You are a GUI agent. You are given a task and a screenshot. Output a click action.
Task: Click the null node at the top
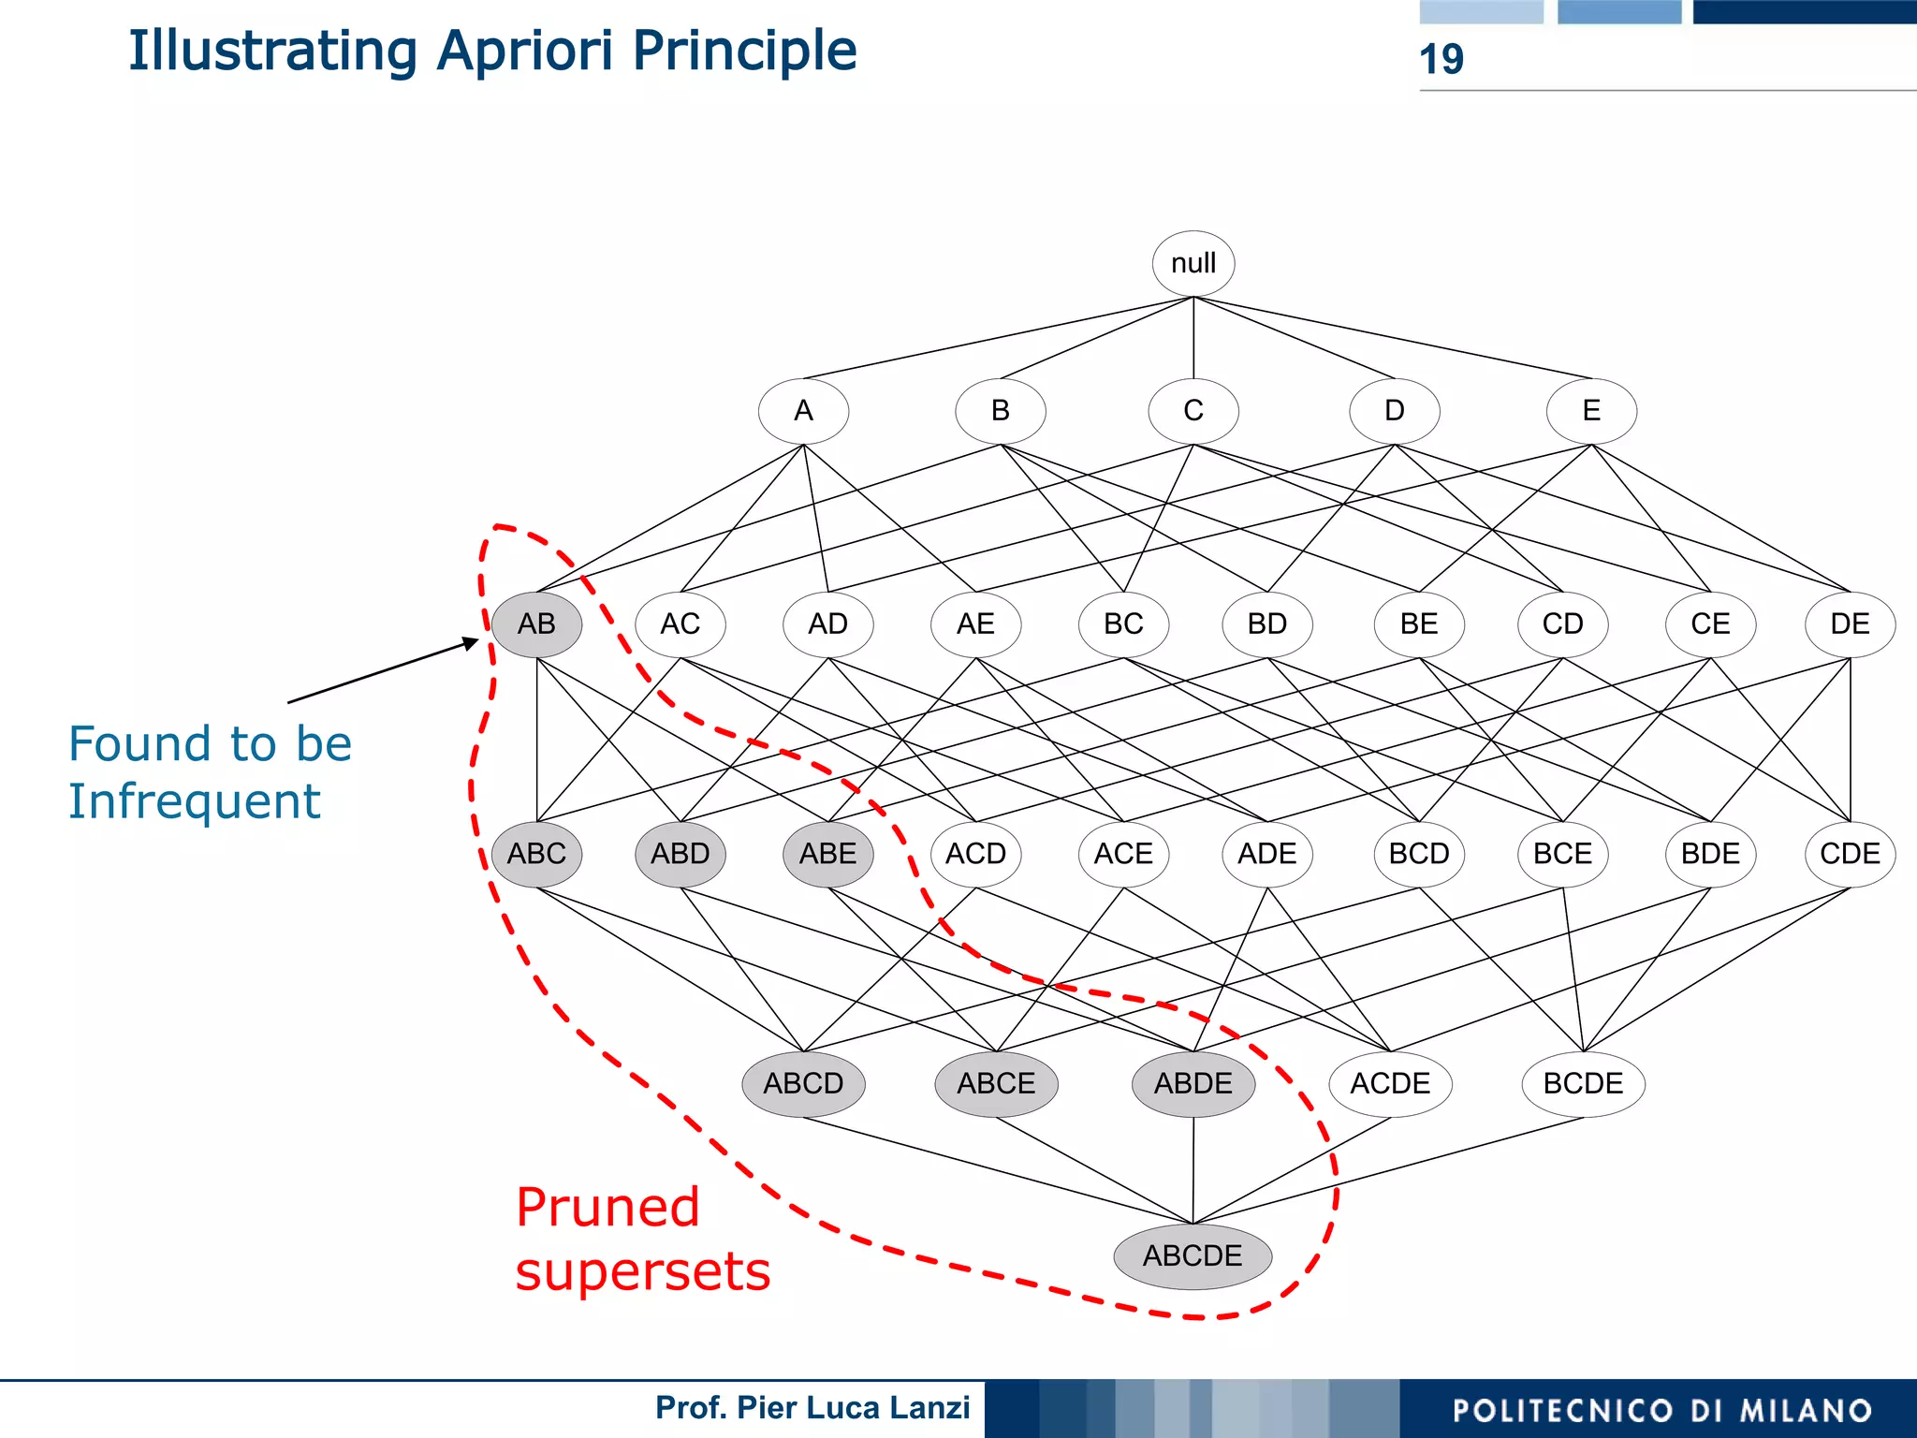(1193, 263)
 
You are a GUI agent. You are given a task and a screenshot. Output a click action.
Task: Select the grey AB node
(536, 624)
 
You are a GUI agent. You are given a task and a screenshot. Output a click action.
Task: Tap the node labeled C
(1193, 411)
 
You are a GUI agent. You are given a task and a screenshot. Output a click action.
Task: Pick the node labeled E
(1590, 411)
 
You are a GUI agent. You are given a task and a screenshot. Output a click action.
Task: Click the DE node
(1849, 624)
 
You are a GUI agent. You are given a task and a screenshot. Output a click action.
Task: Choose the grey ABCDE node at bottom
(1192, 1255)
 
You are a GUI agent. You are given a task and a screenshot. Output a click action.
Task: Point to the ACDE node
(1390, 1083)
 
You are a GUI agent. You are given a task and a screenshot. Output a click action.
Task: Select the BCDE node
(1583, 1083)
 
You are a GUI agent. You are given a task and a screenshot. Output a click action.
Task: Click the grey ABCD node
(803, 1083)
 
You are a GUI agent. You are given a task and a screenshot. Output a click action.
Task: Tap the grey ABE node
(827, 854)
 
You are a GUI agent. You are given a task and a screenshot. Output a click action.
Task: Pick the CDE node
(1849, 854)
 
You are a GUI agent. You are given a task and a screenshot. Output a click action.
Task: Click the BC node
(1123, 624)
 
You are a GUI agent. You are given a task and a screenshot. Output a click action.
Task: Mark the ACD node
(975, 854)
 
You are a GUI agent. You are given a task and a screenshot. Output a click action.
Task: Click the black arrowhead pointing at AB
(471, 642)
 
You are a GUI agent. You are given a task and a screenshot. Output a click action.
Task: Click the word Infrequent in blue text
(194, 802)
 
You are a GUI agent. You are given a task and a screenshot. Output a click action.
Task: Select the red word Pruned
(607, 1208)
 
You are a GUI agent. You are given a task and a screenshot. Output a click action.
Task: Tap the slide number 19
(1441, 59)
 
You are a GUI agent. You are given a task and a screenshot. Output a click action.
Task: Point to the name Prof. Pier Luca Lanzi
(812, 1407)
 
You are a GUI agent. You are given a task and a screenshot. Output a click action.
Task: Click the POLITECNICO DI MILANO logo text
(1661, 1410)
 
